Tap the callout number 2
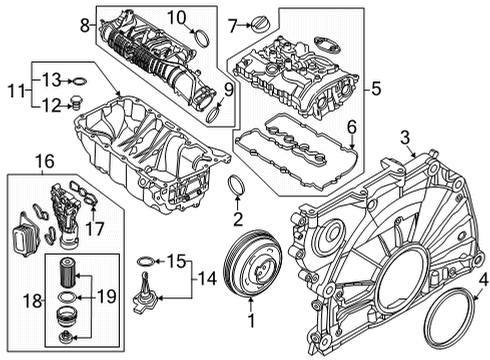tap(237, 219)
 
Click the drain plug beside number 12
tap(75, 103)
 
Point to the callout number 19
tap(104, 297)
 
